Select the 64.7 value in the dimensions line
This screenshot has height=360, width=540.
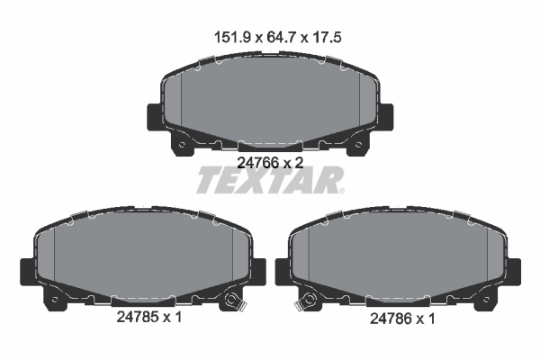click(x=268, y=38)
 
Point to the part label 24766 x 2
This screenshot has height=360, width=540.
click(x=269, y=163)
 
